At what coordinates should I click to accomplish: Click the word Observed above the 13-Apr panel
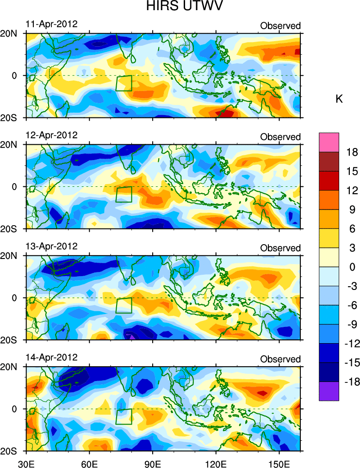(280, 248)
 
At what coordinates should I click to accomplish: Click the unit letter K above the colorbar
(339, 99)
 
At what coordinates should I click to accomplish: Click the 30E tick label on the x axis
(25, 462)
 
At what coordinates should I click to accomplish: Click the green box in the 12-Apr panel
(124, 194)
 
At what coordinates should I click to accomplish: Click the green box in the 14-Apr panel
(124, 417)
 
